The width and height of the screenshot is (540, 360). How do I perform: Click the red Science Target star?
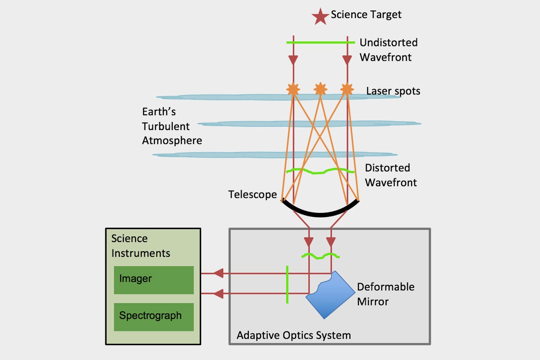(320, 17)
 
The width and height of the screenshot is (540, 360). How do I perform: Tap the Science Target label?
(366, 15)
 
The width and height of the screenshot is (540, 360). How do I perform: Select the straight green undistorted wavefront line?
(320, 42)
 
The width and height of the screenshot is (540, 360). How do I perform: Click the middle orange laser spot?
(320, 89)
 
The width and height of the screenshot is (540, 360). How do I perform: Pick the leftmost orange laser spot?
(293, 89)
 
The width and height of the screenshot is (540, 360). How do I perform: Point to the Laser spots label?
(393, 91)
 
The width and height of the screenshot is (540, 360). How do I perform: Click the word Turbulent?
(166, 126)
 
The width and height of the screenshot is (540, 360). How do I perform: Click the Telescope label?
(252, 194)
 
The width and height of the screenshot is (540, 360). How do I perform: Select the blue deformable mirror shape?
(331, 295)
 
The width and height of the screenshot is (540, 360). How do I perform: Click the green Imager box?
(154, 280)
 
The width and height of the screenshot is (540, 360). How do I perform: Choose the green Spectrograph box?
(154, 317)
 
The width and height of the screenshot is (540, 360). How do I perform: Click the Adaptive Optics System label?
(293, 335)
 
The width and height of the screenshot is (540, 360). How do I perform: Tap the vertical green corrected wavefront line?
(287, 284)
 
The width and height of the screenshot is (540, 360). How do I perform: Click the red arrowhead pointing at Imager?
(218, 274)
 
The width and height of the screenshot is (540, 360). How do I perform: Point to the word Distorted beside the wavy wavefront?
(387, 168)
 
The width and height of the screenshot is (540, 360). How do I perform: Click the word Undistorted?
(389, 42)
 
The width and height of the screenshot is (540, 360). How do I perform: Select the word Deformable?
(386, 287)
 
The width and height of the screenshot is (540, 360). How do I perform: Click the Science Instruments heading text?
(141, 246)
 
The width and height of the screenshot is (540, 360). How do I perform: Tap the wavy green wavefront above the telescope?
(320, 171)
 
